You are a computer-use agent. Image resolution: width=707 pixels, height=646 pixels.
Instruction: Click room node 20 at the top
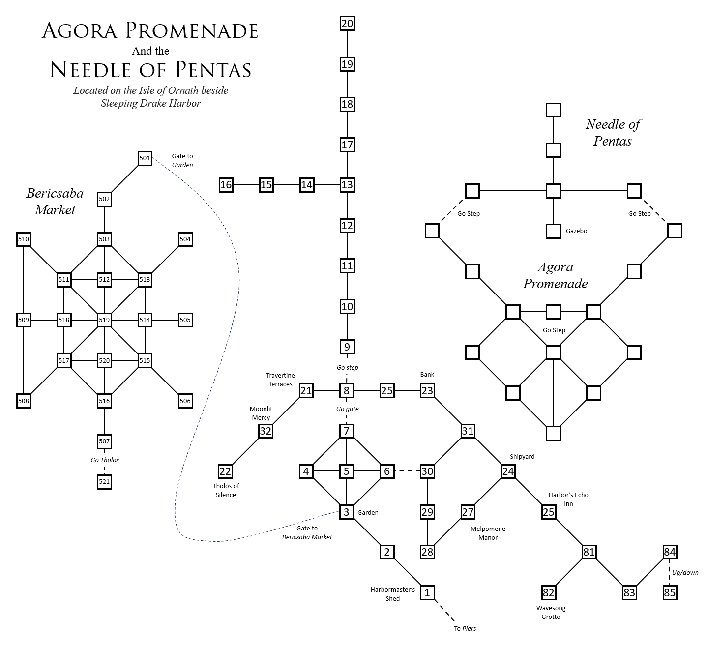[x=347, y=24]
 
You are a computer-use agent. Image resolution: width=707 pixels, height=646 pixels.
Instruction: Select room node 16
[x=226, y=185]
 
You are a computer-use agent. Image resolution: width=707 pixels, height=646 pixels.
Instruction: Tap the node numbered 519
[x=104, y=320]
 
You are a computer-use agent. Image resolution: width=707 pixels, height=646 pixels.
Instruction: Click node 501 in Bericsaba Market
[x=145, y=158]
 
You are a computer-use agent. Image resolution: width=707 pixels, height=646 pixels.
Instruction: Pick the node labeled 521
[x=104, y=482]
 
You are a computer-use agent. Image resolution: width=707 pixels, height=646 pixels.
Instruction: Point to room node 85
[x=670, y=592]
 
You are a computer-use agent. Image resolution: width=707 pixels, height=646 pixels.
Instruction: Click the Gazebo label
[x=576, y=231]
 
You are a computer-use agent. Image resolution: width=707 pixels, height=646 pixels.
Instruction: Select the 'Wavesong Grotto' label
[x=551, y=613]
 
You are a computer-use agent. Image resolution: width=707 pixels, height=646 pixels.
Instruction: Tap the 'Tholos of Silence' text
[x=226, y=491]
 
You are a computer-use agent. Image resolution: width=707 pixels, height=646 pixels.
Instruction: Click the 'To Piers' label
[x=465, y=629]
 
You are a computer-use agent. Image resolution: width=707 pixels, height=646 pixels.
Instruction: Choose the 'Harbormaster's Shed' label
[x=392, y=594]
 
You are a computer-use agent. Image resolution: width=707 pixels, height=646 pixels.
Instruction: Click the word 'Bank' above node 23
[x=427, y=375]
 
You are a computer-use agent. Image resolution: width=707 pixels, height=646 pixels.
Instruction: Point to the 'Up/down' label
[x=685, y=572]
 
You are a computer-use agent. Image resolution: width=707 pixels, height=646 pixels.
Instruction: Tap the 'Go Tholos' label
[x=105, y=460]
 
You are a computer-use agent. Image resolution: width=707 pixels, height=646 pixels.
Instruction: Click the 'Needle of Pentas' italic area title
[x=612, y=133]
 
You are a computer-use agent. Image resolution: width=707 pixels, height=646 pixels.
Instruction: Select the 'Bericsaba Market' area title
[x=55, y=202]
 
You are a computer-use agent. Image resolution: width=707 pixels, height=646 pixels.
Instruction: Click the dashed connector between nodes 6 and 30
[x=407, y=471]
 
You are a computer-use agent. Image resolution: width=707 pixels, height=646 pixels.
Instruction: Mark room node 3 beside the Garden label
[x=347, y=512]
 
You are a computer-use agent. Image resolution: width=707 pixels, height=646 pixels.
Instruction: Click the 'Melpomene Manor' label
[x=488, y=533]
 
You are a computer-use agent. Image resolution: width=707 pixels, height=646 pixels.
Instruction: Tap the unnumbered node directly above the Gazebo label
[x=553, y=191]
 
